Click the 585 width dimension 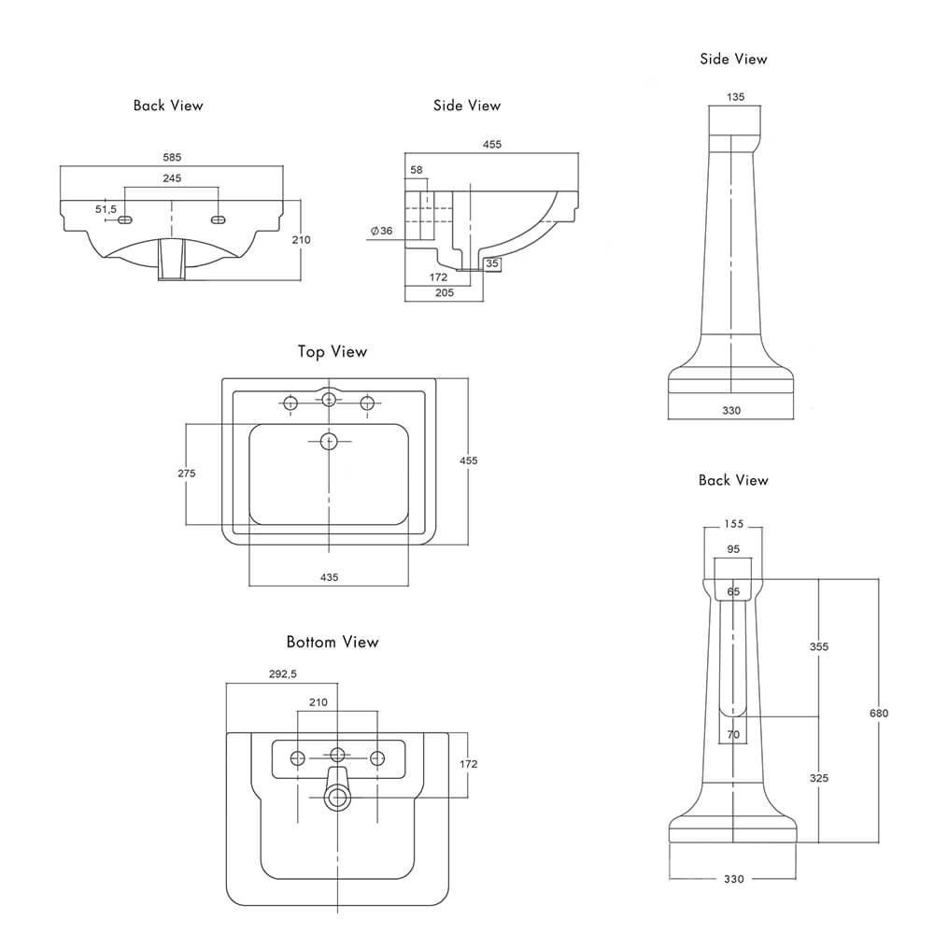172,157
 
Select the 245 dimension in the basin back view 172,177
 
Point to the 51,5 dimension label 106,209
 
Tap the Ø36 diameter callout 381,231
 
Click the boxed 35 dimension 493,264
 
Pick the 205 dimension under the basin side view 444,292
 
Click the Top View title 333,352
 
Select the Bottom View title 333,642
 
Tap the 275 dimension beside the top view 187,474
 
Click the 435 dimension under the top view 329,577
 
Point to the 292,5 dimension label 282,673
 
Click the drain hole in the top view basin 329,440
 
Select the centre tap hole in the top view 329,401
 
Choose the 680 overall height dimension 878,713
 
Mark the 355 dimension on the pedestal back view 819,646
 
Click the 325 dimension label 819,778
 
